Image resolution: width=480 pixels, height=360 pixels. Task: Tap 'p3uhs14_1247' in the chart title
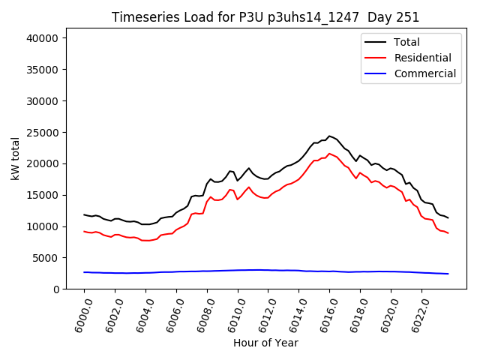(x=314, y=17)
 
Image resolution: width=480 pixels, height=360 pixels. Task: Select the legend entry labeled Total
(x=406, y=43)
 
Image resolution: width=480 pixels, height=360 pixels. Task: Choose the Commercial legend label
(x=424, y=73)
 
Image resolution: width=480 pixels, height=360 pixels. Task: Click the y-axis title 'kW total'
(x=16, y=158)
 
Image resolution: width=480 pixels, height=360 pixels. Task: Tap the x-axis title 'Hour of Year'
(x=265, y=343)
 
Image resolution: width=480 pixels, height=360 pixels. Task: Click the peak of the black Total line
(x=329, y=136)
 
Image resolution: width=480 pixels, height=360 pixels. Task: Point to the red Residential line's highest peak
(x=329, y=153)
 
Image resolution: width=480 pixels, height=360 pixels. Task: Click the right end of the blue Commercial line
(x=448, y=274)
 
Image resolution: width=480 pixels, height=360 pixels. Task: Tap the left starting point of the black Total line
(x=84, y=214)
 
